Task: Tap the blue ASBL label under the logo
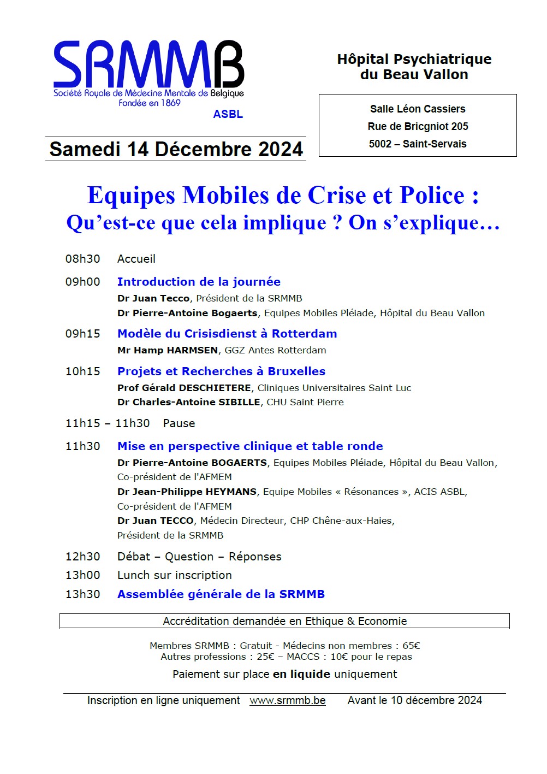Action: pyautogui.click(x=228, y=114)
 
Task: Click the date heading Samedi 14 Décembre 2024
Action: pyautogui.click(x=176, y=149)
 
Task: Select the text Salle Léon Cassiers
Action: pyautogui.click(x=418, y=109)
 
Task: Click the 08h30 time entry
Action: pyautogui.click(x=83, y=259)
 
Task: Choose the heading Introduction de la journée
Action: pyautogui.click(x=199, y=282)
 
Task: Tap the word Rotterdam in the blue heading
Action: pyautogui.click(x=304, y=334)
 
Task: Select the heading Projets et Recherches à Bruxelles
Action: pyautogui.click(x=221, y=371)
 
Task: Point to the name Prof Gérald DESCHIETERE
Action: pyautogui.click(x=184, y=388)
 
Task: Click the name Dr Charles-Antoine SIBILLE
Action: pyautogui.click(x=188, y=402)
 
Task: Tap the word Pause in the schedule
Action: pyautogui.click(x=179, y=423)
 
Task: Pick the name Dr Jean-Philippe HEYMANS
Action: pyautogui.click(x=187, y=492)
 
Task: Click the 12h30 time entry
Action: pyautogui.click(x=83, y=557)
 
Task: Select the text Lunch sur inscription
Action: pyautogui.click(x=174, y=575)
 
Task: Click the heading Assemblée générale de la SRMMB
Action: pyautogui.click(x=221, y=594)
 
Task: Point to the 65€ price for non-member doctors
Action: pyautogui.click(x=411, y=646)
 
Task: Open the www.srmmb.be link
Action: pyautogui.click(x=287, y=701)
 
